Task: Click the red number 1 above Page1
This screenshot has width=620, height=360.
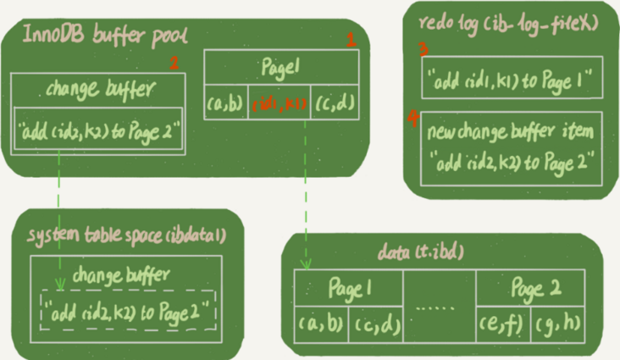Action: (352, 40)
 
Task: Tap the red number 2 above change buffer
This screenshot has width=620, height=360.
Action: (174, 63)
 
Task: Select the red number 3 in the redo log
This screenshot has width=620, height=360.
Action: (423, 49)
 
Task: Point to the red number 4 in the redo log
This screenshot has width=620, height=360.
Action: (413, 119)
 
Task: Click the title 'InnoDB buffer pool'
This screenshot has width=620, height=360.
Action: (105, 36)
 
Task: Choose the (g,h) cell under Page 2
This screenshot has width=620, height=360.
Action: (558, 324)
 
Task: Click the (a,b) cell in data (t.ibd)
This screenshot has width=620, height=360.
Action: (321, 324)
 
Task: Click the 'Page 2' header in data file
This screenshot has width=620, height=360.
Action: (535, 288)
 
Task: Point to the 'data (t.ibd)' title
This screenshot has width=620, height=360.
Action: (420, 252)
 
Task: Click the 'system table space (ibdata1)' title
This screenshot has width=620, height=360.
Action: (126, 235)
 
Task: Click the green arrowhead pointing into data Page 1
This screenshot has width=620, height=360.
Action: (306, 264)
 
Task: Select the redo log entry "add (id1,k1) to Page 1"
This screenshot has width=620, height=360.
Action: (512, 77)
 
